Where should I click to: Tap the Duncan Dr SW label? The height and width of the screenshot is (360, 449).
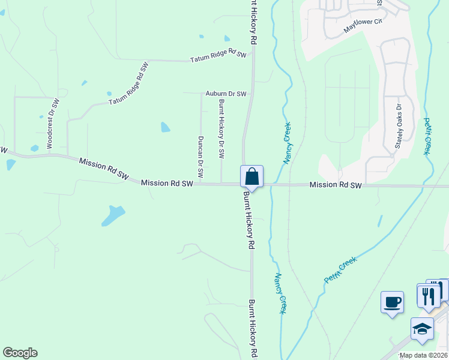200,158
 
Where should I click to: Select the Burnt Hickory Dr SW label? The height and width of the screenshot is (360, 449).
221,129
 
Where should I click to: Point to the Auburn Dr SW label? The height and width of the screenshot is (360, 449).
226,94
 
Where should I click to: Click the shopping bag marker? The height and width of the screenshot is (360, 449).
252,177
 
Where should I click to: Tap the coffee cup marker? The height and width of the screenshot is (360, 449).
392,301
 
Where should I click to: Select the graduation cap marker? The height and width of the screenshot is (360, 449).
422,329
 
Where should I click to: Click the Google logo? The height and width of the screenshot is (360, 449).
20,353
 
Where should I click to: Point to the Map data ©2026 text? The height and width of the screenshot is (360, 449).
423,355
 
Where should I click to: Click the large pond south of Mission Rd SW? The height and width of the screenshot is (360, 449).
113,215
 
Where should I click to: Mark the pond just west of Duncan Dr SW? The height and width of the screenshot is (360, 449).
165,127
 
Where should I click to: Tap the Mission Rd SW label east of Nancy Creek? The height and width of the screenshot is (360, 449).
336,185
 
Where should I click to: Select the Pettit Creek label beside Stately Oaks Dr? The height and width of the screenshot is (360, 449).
428,136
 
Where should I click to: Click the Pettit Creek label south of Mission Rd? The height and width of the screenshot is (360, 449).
340,269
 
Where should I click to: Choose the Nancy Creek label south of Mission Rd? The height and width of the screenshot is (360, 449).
280,293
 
